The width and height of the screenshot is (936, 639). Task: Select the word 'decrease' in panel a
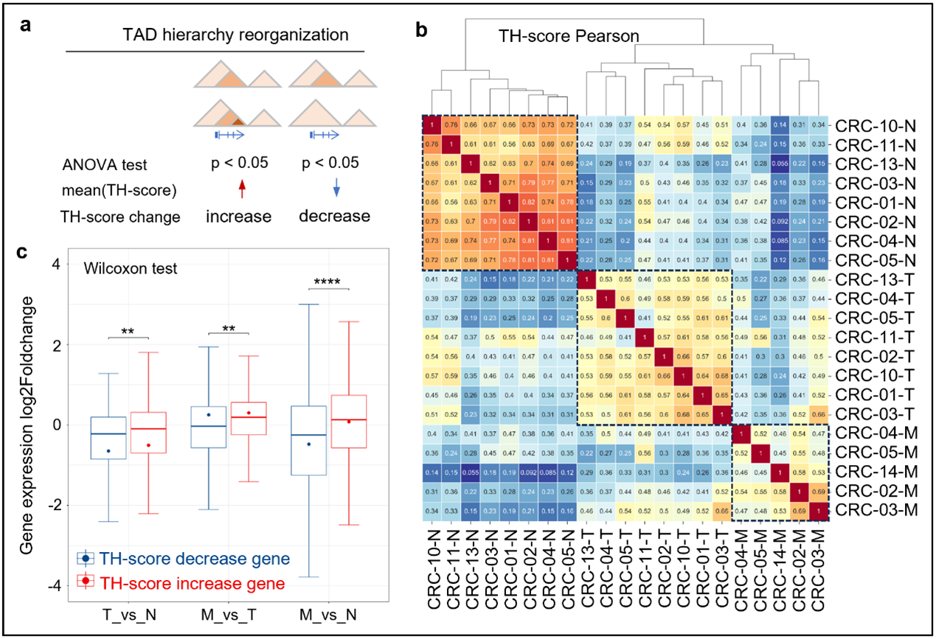pyautogui.click(x=334, y=217)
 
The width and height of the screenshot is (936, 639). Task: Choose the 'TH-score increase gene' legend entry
pyautogui.click(x=182, y=582)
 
